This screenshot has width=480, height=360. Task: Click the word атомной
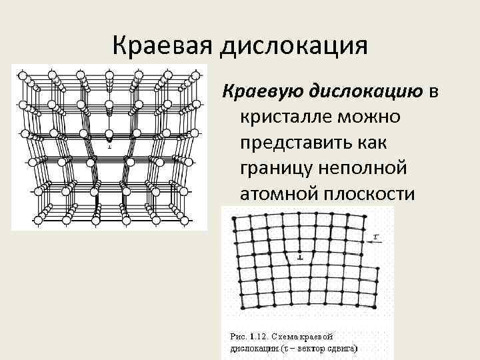[281, 195]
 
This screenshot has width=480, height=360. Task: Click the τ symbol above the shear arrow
[378, 236]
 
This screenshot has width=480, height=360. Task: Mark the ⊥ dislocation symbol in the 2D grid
[301, 255]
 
